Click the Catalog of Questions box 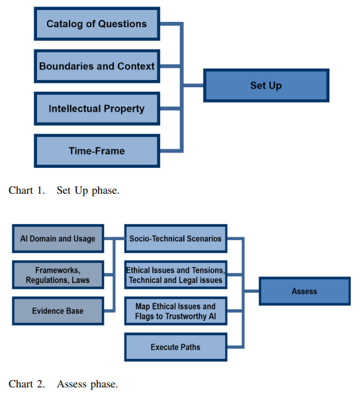pos(97,24)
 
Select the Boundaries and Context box pos(97,66)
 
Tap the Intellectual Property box pos(97,108)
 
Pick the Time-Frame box pos(97,151)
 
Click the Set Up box pos(266,85)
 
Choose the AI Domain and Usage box pos(58,239)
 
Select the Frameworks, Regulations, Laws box pos(58,275)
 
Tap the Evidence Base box pos(58,311)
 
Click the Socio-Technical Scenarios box pos(176,239)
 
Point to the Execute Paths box pos(176,347)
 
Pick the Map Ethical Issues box pos(176,311)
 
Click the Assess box pos(304,291)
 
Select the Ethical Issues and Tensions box pos(176,275)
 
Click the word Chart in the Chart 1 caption pos(21,190)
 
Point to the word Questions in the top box pos(122,24)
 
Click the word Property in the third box pos(124,109)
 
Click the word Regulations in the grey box pos(48,280)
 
